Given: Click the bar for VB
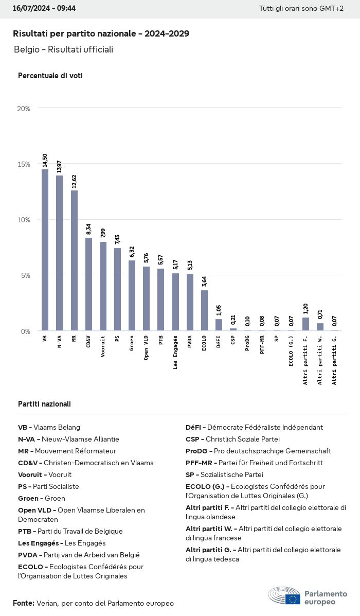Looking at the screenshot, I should point(45,250).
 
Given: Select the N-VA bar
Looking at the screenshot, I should point(60,253).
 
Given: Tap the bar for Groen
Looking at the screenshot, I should point(132,295).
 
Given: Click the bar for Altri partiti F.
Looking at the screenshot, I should point(306,324).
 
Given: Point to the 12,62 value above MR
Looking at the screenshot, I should point(74,182).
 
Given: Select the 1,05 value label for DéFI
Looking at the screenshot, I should point(219,310).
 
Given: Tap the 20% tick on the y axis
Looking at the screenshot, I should point(24,109).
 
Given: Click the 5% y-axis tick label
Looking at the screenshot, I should point(25,275).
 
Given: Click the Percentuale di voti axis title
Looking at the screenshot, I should point(50,76).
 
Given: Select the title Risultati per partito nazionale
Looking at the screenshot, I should point(101,34).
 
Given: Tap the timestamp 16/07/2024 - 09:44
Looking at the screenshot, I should point(44,9).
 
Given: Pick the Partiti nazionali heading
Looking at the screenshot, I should point(44,404).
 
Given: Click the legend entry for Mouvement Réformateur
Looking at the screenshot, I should point(67,451).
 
